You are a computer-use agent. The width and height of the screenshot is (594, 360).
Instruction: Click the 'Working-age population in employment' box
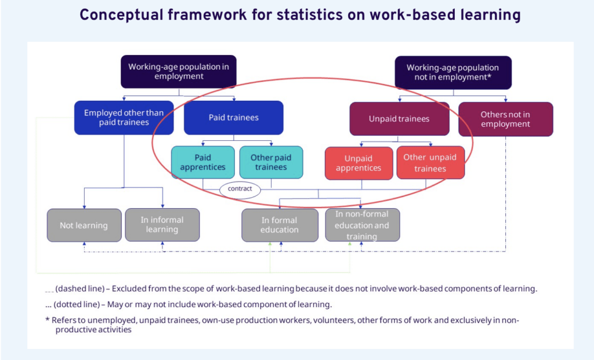point(179,71)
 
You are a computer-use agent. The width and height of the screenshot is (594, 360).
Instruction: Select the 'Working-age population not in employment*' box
point(453,72)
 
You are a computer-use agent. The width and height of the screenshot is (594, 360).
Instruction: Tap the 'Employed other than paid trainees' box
point(124,118)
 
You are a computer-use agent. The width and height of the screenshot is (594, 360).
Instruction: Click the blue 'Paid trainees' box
point(233,118)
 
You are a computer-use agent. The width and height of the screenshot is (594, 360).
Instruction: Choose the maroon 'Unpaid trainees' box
point(399,119)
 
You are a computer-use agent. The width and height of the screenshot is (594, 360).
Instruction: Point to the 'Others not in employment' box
point(505,119)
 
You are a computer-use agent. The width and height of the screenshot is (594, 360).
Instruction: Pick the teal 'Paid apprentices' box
point(202,162)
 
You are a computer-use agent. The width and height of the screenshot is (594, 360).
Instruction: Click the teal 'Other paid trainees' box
point(271,162)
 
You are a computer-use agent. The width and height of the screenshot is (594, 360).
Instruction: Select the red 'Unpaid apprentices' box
point(358,163)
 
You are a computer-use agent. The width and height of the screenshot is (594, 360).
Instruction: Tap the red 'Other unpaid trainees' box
point(430,163)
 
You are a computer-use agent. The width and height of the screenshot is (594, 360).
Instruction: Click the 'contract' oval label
point(240,189)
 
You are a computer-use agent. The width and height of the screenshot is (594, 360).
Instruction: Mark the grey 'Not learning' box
point(84,226)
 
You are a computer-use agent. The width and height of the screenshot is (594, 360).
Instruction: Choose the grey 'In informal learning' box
point(162,225)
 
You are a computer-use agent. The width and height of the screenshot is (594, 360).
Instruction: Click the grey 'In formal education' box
point(280,226)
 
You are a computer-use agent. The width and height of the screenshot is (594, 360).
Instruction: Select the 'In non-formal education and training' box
point(362,225)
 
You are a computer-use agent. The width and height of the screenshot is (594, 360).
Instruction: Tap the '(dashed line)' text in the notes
point(79,289)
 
